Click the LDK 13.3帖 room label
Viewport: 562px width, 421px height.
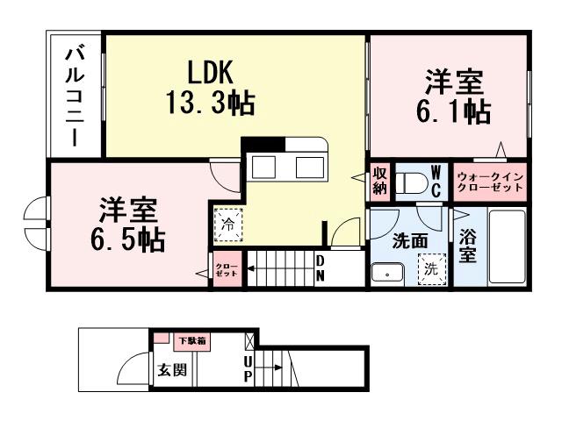[211, 88]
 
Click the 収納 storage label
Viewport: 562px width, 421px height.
[379, 180]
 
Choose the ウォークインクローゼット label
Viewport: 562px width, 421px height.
[490, 182]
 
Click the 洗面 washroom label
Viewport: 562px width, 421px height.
[409, 240]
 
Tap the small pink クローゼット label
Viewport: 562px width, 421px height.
[222, 268]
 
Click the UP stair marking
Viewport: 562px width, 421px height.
[248, 368]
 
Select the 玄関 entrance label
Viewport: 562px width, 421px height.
[171, 369]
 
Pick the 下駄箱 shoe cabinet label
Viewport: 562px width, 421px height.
[192, 340]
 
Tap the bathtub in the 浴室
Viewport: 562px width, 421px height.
[506, 249]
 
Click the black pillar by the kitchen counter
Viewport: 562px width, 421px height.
[263, 145]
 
